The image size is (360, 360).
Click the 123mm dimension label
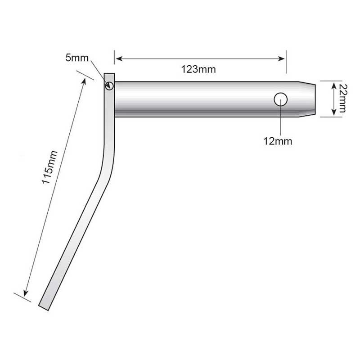point(198,69)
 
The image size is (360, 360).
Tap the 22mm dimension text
point(342,98)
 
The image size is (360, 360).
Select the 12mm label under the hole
point(278,141)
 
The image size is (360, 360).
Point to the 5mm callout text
point(77,58)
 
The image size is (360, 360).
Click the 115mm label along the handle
point(49,167)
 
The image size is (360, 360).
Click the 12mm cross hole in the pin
point(280,99)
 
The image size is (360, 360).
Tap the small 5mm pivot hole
point(109,86)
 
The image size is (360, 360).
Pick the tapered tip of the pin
point(307,99)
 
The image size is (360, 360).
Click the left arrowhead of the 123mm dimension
point(119,59)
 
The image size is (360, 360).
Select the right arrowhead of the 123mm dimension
point(282,59)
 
